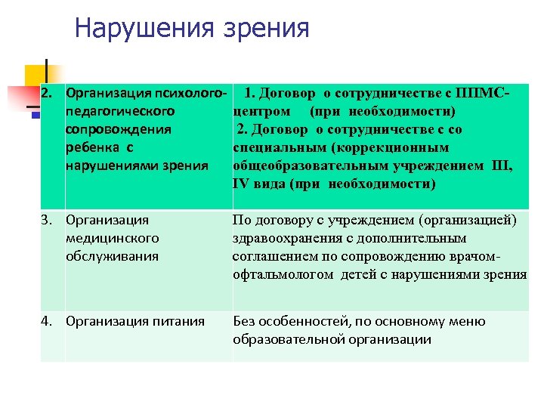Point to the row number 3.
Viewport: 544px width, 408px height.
point(48,221)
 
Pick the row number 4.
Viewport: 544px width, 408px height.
point(48,322)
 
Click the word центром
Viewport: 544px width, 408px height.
point(261,112)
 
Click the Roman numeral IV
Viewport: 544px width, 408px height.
point(243,184)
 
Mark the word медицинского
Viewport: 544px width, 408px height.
point(113,239)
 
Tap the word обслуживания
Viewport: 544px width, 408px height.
point(113,256)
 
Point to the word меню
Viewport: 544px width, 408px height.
point(468,322)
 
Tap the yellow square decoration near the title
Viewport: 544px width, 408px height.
point(35,76)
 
